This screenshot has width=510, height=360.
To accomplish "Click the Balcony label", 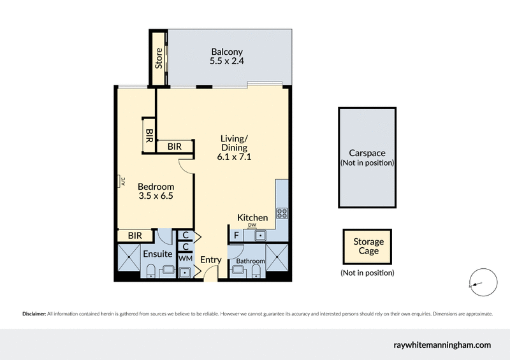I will click(x=227, y=52).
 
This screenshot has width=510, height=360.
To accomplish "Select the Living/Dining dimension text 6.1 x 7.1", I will click(x=233, y=157).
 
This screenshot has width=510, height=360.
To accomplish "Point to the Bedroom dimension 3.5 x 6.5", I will click(x=156, y=196).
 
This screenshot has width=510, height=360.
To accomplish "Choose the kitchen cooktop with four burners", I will click(x=282, y=213).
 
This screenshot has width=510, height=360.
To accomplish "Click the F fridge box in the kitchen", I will click(x=236, y=236).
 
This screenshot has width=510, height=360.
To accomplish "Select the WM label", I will click(x=185, y=259).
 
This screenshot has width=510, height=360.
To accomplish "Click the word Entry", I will click(x=210, y=260).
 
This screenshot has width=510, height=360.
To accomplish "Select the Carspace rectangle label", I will click(x=367, y=153).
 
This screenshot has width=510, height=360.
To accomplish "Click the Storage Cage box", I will click(x=368, y=247).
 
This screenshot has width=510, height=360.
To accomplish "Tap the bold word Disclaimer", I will click(x=34, y=313).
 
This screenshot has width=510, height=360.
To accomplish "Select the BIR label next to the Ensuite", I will click(x=135, y=236).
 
